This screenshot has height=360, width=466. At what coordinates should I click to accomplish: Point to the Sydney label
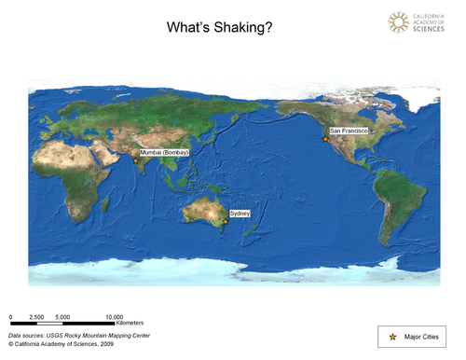(239, 213)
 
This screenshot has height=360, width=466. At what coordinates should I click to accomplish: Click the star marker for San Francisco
(325, 139)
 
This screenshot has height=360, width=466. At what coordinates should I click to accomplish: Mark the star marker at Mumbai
(136, 160)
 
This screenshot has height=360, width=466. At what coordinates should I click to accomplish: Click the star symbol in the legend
(392, 336)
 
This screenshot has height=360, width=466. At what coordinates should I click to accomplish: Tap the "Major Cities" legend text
(423, 336)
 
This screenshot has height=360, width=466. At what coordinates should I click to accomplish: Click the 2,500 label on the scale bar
(37, 317)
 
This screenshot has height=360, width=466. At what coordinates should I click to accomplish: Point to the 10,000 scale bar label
(114, 317)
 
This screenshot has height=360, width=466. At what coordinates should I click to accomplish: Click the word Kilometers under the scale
(116, 324)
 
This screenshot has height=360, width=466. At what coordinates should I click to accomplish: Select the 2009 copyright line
(61, 343)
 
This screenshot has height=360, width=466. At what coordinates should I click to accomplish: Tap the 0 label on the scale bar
(10, 317)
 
